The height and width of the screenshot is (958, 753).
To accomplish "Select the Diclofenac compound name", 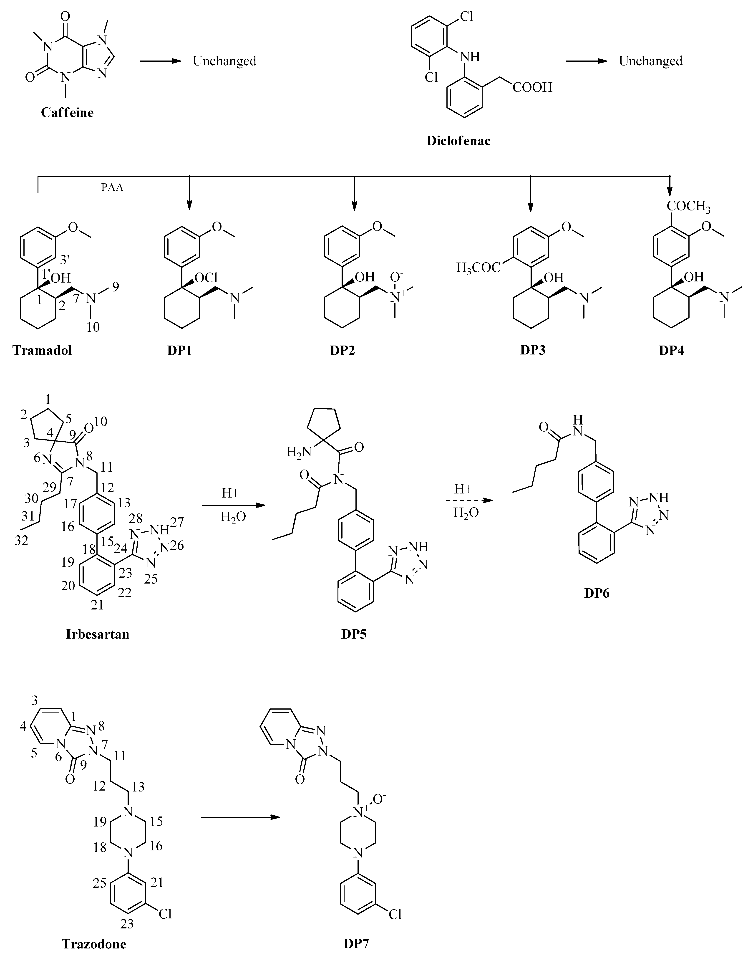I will [458, 141].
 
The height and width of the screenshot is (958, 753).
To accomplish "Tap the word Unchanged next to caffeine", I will [224, 61].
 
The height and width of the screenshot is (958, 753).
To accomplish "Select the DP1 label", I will [180, 351].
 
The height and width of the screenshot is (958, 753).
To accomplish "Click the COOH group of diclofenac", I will [532, 87].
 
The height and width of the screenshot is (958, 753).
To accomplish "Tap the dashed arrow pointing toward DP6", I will [469, 500].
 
